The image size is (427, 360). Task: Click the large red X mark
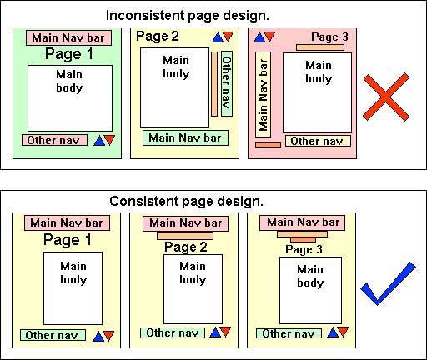click(386, 97)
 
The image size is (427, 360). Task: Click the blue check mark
click(388, 283)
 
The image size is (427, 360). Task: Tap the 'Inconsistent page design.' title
click(188, 16)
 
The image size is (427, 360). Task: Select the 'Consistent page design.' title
click(186, 202)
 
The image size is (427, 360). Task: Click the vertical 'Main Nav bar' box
click(263, 94)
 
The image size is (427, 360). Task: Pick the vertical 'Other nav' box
click(227, 83)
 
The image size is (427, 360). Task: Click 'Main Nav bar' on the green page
click(68, 38)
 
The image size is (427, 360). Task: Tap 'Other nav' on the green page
click(54, 140)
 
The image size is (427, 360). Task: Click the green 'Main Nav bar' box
click(185, 138)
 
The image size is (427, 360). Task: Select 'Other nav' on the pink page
click(318, 141)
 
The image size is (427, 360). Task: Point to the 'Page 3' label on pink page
click(329, 37)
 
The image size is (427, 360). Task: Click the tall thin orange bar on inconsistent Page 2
click(214, 83)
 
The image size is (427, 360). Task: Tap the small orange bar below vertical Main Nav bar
click(268, 144)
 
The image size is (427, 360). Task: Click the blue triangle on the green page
click(99, 141)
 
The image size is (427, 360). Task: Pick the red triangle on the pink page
click(269, 36)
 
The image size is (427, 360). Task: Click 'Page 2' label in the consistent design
click(186, 247)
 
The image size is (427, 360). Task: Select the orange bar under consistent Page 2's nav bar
click(185, 236)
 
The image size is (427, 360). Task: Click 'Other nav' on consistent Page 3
click(289, 333)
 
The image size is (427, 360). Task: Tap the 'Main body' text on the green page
click(69, 81)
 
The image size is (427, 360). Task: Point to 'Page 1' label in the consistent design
click(68, 240)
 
